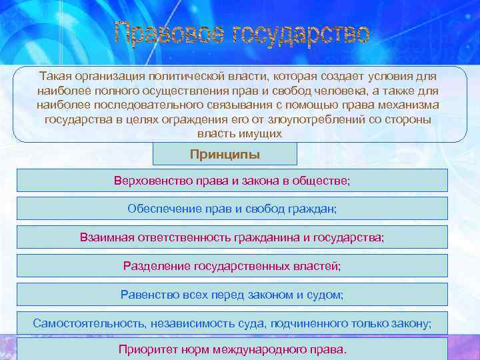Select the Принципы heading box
pyautogui.click(x=225, y=155)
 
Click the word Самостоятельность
pyautogui.click(x=85, y=323)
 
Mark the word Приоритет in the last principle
pyautogui.click(x=145, y=349)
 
